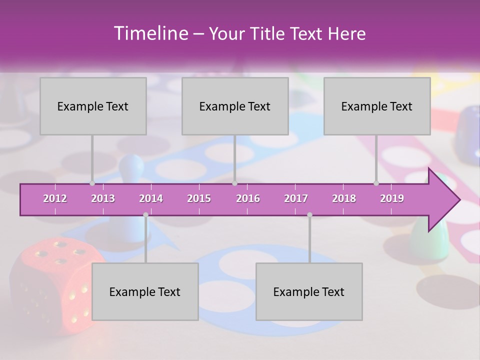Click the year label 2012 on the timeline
click(55, 198)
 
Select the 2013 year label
click(103, 198)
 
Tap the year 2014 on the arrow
click(151, 198)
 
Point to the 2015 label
click(199, 198)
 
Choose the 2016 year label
click(248, 198)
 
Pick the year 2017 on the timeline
click(296, 198)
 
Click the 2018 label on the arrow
click(344, 198)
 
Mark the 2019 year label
click(392, 198)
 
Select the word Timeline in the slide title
click(150, 33)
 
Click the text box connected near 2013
click(93, 106)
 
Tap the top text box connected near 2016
click(235, 106)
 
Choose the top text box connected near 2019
click(377, 106)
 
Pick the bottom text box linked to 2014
click(145, 291)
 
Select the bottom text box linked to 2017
click(309, 291)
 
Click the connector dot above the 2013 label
click(92, 183)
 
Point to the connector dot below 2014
click(145, 215)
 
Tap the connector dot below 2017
click(309, 215)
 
